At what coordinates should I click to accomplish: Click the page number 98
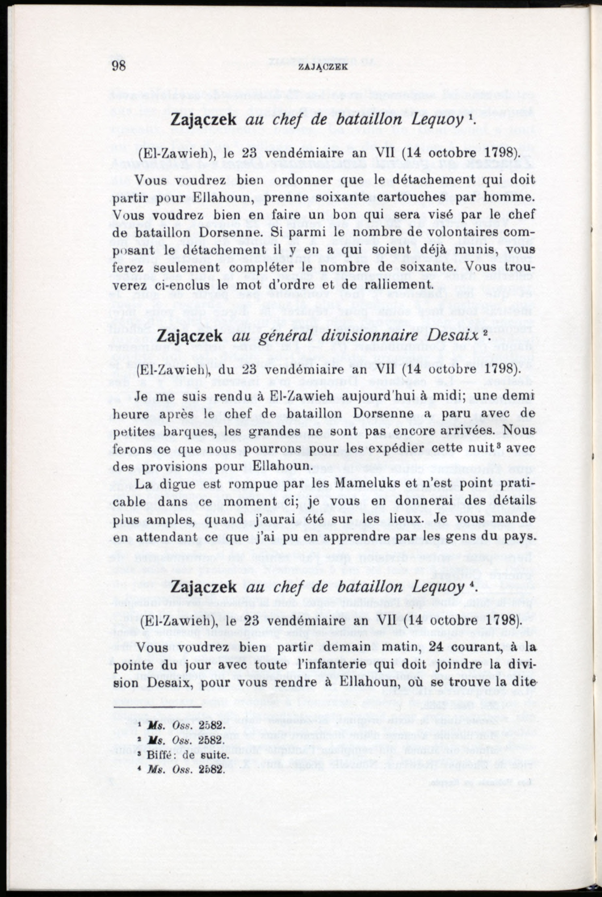[119, 66]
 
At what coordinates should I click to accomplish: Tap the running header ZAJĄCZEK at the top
[323, 67]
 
